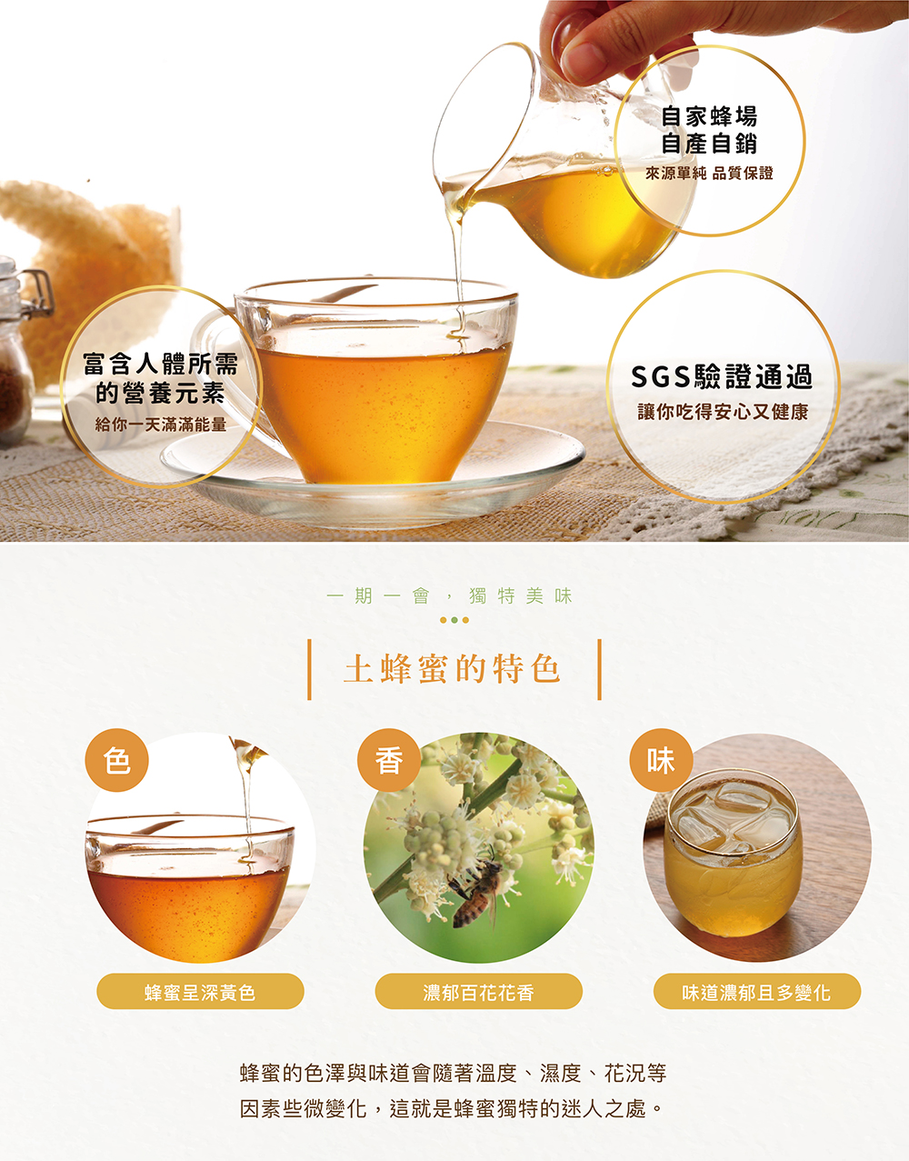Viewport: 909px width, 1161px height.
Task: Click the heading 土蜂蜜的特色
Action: pos(452,669)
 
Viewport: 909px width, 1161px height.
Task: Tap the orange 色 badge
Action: pos(116,760)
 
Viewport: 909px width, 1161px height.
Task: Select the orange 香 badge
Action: pos(389,760)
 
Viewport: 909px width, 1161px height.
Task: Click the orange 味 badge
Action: pos(661,760)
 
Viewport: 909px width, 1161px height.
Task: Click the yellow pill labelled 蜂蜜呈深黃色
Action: pos(200,993)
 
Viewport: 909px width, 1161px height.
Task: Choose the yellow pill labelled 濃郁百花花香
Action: pos(478,993)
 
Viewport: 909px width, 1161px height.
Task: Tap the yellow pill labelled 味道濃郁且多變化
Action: pos(757,993)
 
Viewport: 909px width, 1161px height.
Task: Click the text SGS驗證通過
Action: pos(722,376)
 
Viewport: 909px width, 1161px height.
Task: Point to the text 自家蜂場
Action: pos(709,116)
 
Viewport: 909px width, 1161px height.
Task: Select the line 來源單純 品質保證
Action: pos(709,173)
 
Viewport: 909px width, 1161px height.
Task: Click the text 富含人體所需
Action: pos(160,364)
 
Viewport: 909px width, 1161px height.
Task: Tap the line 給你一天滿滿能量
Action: pos(161,425)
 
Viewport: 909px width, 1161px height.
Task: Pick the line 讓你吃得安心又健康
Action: pos(723,412)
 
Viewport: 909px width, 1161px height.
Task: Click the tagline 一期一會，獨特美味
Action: pos(450,596)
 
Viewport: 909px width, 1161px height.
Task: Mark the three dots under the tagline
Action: pos(454,620)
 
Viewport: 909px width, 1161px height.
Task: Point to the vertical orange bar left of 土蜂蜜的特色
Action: pos(309,669)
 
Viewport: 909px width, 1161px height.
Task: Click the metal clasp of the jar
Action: pos(39,291)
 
